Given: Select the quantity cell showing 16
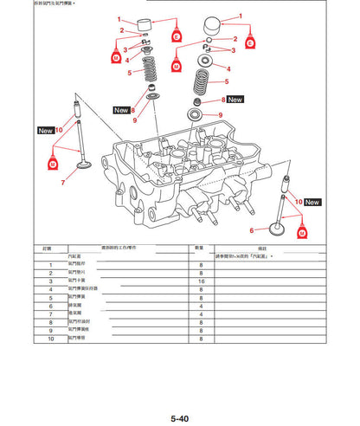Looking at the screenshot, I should (x=201, y=281).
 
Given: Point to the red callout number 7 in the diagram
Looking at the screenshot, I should (x=64, y=183).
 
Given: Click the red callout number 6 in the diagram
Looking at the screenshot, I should (x=252, y=230).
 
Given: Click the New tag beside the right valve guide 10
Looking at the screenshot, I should (x=312, y=202).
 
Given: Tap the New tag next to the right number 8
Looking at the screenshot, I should (x=235, y=100).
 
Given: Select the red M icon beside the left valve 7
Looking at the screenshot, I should (x=52, y=163).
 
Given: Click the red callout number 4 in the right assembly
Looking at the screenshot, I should (x=228, y=67).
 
